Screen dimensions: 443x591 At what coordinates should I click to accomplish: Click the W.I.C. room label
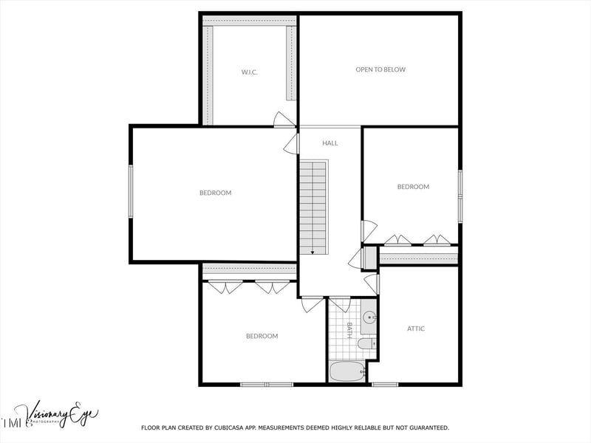click(x=248, y=72)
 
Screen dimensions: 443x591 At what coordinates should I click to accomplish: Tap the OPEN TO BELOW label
click(x=380, y=70)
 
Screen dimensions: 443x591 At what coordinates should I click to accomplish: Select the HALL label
click(x=330, y=143)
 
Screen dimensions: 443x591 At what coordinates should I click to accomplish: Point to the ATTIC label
click(x=417, y=329)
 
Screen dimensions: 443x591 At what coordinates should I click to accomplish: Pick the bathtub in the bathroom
click(x=347, y=372)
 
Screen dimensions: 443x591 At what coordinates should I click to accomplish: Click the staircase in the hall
click(x=313, y=207)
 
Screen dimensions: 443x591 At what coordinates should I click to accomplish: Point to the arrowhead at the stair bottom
click(x=313, y=253)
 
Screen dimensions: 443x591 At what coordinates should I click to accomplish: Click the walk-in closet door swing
click(x=284, y=120)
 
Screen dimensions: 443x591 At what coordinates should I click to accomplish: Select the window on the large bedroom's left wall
click(x=131, y=192)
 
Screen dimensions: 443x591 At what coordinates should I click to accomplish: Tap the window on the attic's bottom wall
click(x=384, y=384)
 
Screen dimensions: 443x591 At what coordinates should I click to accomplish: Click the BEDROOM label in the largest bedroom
click(x=215, y=193)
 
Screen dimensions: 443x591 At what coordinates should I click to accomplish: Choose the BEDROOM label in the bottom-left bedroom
click(x=262, y=337)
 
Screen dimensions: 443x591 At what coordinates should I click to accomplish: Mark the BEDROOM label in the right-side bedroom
click(x=413, y=188)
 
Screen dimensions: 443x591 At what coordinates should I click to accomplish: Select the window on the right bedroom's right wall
click(x=460, y=196)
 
